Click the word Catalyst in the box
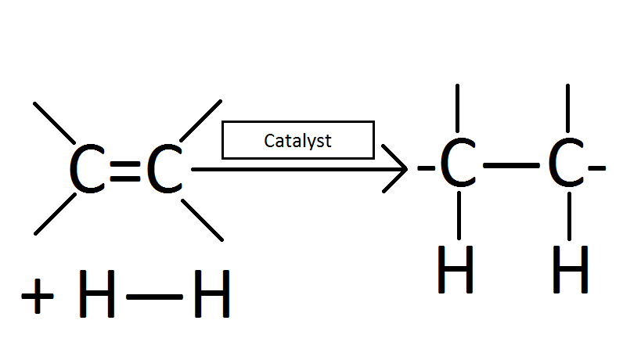[297, 141]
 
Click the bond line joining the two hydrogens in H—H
[153, 298]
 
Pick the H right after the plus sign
[97, 298]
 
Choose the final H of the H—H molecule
[211, 298]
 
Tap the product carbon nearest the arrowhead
[457, 167]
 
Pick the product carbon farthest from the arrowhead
[566, 167]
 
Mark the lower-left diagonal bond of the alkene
[55, 213]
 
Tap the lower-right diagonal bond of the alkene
[202, 218]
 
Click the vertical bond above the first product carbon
[458, 110]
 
